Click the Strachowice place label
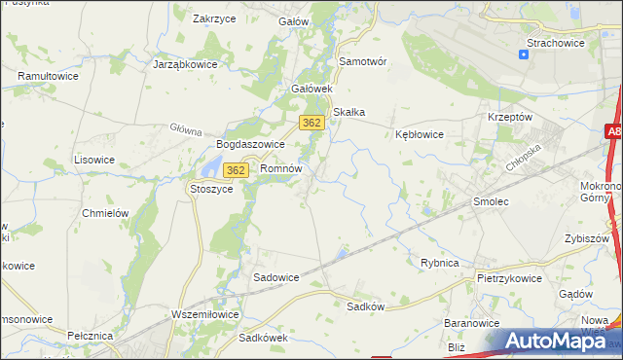(556, 43)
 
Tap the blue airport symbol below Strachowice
(524, 54)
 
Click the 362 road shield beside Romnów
(235, 170)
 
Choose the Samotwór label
(362, 60)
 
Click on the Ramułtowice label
(48, 74)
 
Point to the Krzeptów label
(509, 116)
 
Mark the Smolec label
(491, 200)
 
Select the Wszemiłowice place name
(204, 314)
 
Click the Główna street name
(185, 129)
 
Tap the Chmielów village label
(106, 213)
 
